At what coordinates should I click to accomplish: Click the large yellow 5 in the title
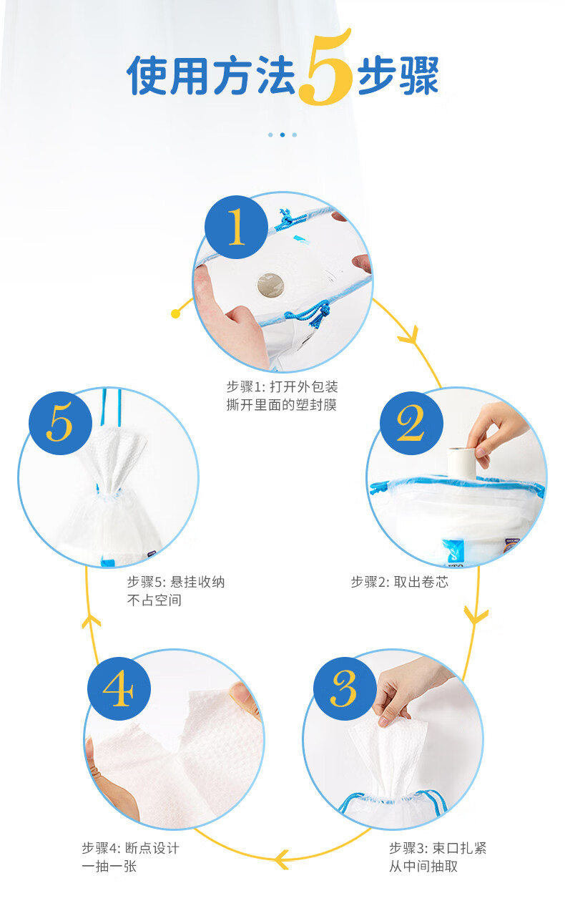[325, 67]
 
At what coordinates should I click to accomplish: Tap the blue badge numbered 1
[236, 227]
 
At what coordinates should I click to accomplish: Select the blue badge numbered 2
[411, 423]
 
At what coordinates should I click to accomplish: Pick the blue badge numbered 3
[345, 688]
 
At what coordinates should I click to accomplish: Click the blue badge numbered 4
[119, 688]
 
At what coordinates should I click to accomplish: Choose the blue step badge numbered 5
[60, 423]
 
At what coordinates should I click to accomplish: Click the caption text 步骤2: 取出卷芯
[400, 582]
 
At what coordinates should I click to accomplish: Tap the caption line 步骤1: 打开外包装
[282, 386]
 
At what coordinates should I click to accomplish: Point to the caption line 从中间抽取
[423, 866]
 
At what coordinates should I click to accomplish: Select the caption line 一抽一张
[109, 866]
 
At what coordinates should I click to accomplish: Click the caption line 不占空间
[154, 600]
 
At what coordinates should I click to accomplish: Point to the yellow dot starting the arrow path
[176, 313]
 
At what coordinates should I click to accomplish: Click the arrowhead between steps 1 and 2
[410, 336]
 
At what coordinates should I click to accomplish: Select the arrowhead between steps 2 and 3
[476, 616]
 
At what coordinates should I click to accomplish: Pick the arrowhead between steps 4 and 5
[91, 621]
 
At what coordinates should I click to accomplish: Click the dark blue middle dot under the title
[282, 135]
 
